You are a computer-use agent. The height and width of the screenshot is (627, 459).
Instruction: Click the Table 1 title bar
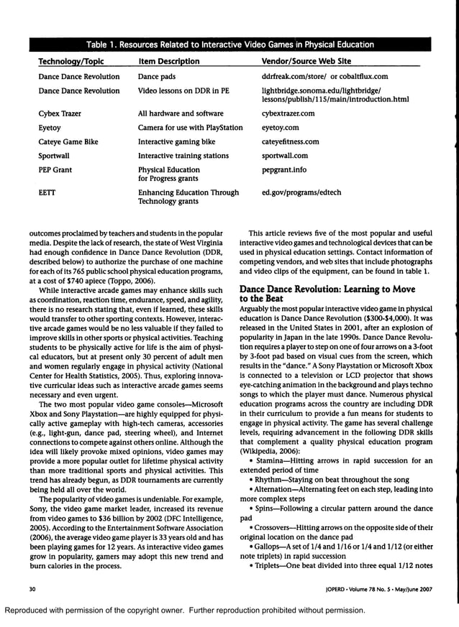229,45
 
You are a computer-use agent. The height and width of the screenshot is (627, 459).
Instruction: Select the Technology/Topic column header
69,62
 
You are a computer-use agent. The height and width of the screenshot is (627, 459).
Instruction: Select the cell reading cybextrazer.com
288,113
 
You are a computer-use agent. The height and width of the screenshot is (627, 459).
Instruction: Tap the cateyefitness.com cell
291,141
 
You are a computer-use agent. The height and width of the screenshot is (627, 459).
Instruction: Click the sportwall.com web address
285,155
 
